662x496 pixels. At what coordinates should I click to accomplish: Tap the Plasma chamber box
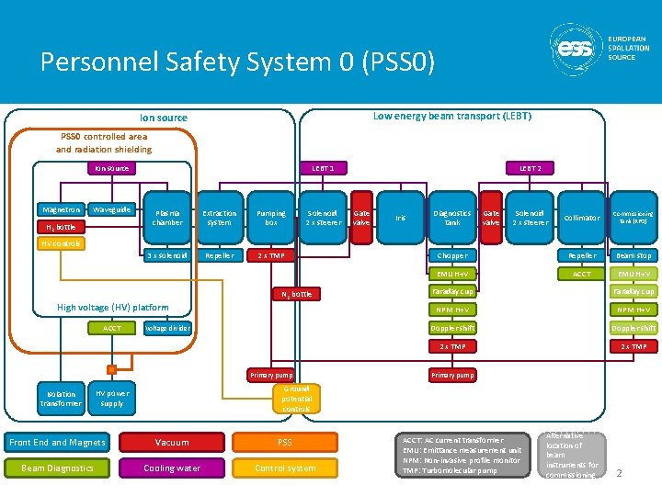point(167,218)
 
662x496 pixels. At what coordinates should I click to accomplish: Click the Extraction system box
point(219,218)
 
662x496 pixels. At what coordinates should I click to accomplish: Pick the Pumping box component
point(271,218)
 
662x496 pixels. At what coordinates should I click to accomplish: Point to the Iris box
point(400,218)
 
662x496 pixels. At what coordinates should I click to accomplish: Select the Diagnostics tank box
point(452,218)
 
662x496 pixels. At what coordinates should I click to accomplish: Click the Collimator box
point(582,218)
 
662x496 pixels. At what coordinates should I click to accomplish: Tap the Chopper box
point(452,255)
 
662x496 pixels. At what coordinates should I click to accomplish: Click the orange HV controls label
point(62,243)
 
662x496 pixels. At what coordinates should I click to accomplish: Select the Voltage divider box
point(167,328)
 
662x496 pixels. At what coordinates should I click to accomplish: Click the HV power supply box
point(111,398)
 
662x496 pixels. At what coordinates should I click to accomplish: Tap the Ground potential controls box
point(296,398)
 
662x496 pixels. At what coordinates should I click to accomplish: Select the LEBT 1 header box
point(323,168)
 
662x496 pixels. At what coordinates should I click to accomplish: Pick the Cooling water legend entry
point(172,468)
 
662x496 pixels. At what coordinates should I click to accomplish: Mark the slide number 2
point(620,473)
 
